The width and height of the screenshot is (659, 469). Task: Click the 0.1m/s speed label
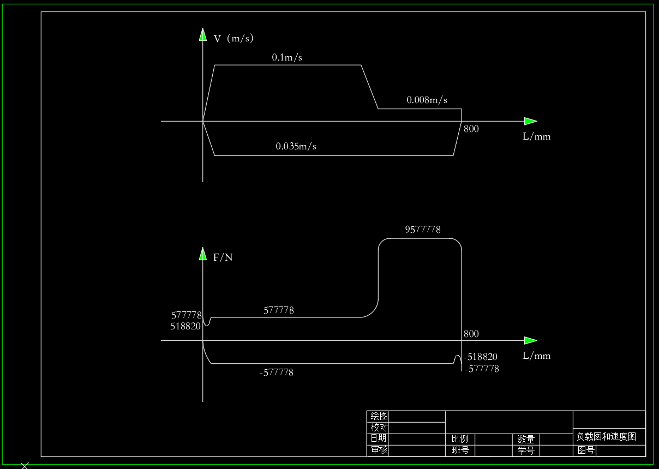[x=287, y=57]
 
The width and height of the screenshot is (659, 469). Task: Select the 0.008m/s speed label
[x=427, y=100]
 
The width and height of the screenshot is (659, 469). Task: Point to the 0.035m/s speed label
[x=296, y=146]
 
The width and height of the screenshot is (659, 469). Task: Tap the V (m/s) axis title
[x=233, y=39]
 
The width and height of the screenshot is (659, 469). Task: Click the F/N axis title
[x=223, y=257]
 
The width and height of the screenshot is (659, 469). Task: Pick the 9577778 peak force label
[x=423, y=230]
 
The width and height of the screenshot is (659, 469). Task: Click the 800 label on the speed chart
[x=471, y=129]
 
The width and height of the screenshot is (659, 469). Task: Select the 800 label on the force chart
[x=471, y=334]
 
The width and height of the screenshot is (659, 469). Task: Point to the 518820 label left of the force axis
[x=185, y=326]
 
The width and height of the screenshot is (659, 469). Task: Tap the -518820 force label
[x=481, y=357]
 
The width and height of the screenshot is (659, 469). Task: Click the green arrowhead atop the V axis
[x=203, y=34]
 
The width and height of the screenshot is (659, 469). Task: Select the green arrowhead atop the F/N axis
[x=203, y=254]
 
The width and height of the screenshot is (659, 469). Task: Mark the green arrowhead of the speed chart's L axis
[x=531, y=121]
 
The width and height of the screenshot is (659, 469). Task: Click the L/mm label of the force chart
[x=536, y=356]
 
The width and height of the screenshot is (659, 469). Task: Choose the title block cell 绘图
[x=379, y=416]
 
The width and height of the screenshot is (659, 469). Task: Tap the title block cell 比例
[x=459, y=439]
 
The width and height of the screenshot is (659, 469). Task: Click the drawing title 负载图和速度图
[x=606, y=437]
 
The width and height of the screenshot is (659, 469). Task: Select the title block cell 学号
[x=526, y=450]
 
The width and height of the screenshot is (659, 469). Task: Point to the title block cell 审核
[x=379, y=449]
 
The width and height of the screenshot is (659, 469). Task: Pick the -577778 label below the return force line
[x=276, y=372]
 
